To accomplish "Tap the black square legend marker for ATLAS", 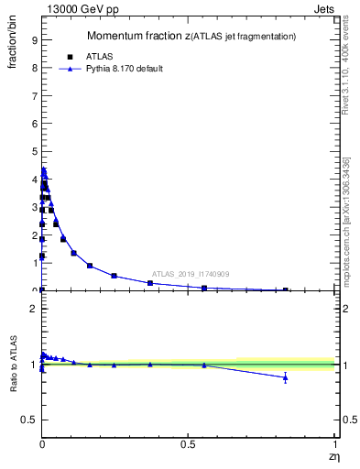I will (x=70, y=56).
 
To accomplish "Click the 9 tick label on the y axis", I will (x=33, y=40).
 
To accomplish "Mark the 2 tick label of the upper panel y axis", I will (x=33, y=234).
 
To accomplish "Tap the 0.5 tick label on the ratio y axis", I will (x=27, y=420).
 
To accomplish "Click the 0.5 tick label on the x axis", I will (x=188, y=444).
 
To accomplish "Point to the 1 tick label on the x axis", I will (x=335, y=444).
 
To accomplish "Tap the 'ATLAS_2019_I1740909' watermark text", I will (x=191, y=274).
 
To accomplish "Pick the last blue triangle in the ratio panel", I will (x=285, y=377).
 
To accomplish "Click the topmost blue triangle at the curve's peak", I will (x=43, y=170).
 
